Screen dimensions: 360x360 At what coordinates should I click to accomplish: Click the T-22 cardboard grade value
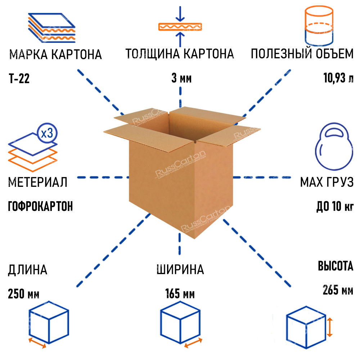pyautogui.click(x=18, y=78)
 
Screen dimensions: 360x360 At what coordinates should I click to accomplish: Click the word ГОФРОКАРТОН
pyautogui.click(x=40, y=206)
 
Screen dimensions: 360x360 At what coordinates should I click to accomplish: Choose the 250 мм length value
pyautogui.click(x=23, y=294)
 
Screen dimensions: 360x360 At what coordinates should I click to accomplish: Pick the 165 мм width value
pyautogui.click(x=180, y=294)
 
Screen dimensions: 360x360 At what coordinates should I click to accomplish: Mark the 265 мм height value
pyautogui.click(x=338, y=290)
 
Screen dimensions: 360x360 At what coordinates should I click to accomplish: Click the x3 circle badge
pyautogui.click(x=47, y=134)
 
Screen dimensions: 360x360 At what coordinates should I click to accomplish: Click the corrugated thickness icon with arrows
pyautogui.click(x=180, y=27)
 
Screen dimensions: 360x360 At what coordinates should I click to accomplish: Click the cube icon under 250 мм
pyautogui.click(x=48, y=323)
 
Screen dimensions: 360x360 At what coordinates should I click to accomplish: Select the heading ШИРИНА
pyautogui.click(x=180, y=270)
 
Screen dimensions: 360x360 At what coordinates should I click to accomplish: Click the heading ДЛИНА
pyautogui.click(x=27, y=270)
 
